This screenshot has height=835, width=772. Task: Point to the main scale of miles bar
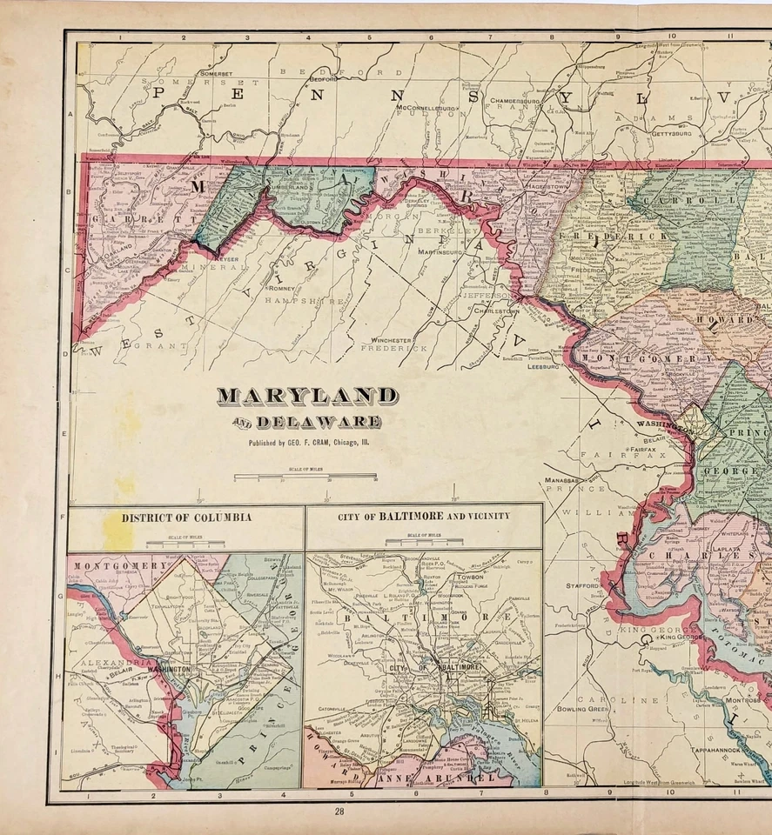point(305,477)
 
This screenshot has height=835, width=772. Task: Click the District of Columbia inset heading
point(186,517)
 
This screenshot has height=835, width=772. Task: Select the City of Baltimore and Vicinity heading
point(424,516)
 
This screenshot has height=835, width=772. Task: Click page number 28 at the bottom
point(339,811)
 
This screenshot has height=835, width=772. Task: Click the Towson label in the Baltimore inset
point(469,577)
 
